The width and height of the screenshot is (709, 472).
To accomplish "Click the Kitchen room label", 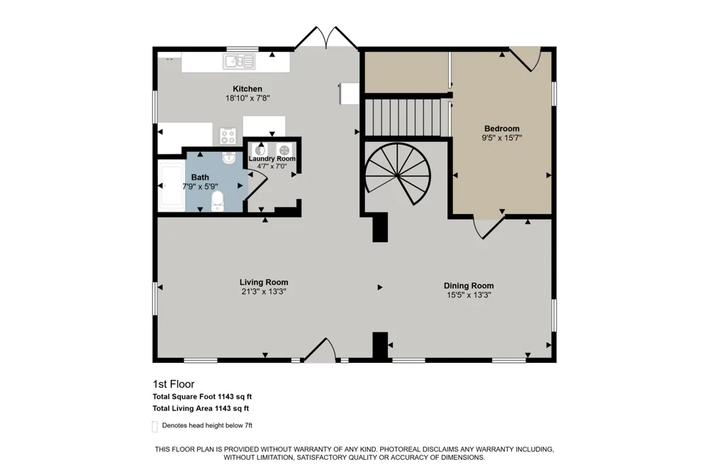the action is click(247, 89).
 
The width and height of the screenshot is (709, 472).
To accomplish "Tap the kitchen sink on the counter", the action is click(239, 62).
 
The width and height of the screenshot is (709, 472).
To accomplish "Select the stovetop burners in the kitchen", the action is click(228, 136).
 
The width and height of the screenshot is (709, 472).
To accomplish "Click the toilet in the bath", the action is click(218, 201).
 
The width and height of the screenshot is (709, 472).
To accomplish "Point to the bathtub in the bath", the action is click(172, 186).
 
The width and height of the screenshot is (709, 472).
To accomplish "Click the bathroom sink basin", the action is click(229, 158).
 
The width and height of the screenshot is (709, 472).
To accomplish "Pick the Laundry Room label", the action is click(272, 159).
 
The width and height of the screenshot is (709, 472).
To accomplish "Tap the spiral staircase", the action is click(398, 174).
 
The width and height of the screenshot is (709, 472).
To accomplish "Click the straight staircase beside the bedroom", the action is click(403, 118).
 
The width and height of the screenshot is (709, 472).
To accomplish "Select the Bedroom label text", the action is click(502, 128).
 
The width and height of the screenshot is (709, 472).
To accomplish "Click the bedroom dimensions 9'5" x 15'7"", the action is click(502, 138).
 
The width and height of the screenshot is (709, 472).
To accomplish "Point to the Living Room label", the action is click(264, 282).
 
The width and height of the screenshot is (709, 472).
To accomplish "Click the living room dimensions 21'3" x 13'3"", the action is click(264, 291).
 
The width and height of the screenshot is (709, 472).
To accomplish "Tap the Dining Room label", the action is click(469, 286).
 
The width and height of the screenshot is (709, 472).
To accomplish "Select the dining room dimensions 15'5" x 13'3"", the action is click(469, 296).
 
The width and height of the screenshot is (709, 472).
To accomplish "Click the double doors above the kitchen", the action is click(326, 38).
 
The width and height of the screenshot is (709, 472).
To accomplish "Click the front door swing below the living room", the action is click(320, 350).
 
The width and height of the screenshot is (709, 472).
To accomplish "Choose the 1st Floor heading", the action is click(174, 384).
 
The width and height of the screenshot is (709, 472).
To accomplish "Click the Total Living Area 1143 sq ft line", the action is click(201, 409).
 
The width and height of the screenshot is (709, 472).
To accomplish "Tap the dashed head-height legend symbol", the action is click(155, 427).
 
